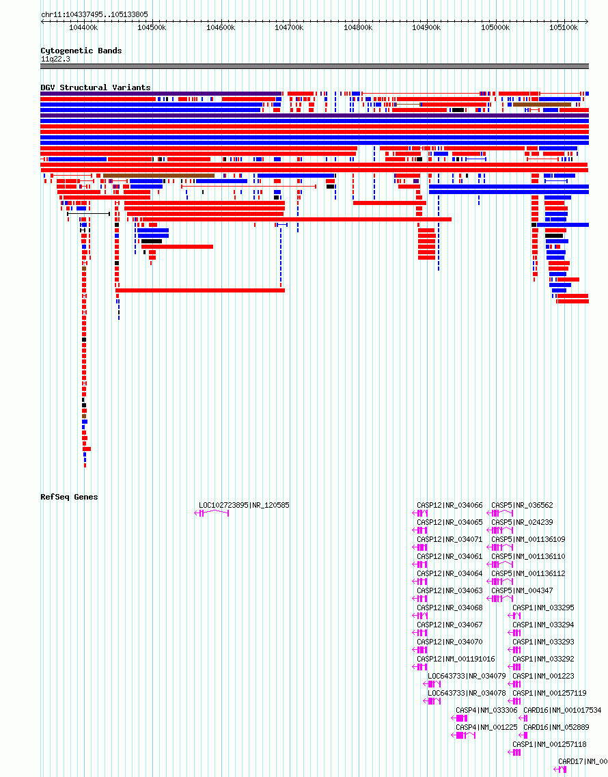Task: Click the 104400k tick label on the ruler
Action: pyautogui.click(x=83, y=28)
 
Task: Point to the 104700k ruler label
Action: pyautogui.click(x=289, y=28)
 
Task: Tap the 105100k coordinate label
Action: pyautogui.click(x=564, y=28)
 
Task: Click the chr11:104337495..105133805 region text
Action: pyautogui.click(x=94, y=15)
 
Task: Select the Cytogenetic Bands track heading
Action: pyautogui.click(x=81, y=51)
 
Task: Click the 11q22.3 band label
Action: pyautogui.click(x=55, y=59)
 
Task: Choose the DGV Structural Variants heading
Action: pyautogui.click(x=95, y=87)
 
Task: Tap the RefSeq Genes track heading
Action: pyautogui.click(x=69, y=497)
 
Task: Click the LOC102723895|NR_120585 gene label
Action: pyautogui.click(x=244, y=506)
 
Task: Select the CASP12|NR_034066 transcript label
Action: pyautogui.click(x=450, y=506)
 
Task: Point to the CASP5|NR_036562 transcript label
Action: pyautogui.click(x=522, y=506)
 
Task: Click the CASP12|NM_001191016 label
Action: pyautogui.click(x=456, y=659)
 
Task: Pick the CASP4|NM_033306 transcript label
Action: pyautogui.click(x=486, y=711)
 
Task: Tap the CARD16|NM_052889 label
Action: pyautogui.click(x=556, y=727)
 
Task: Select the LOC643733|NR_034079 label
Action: pyautogui.click(x=467, y=677)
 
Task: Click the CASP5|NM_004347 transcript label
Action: pyautogui.click(x=522, y=590)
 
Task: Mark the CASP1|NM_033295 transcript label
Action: pyautogui.click(x=543, y=608)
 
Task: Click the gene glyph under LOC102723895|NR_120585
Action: pyautogui.click(x=212, y=513)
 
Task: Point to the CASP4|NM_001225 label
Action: pyautogui.click(x=486, y=727)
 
